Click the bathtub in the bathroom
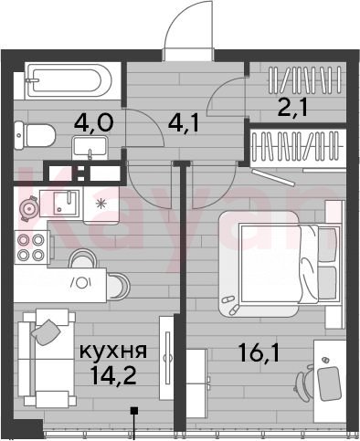(x=69, y=80)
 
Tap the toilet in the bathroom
(x=35, y=135)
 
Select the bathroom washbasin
(x=90, y=148)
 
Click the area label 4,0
(x=93, y=123)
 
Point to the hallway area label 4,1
(x=184, y=123)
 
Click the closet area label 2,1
(x=292, y=108)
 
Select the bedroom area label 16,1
(x=259, y=352)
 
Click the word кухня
(x=113, y=351)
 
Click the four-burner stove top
(x=30, y=247)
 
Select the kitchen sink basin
(x=66, y=203)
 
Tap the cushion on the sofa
(x=46, y=332)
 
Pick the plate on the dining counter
(x=81, y=283)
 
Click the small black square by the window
(x=134, y=411)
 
